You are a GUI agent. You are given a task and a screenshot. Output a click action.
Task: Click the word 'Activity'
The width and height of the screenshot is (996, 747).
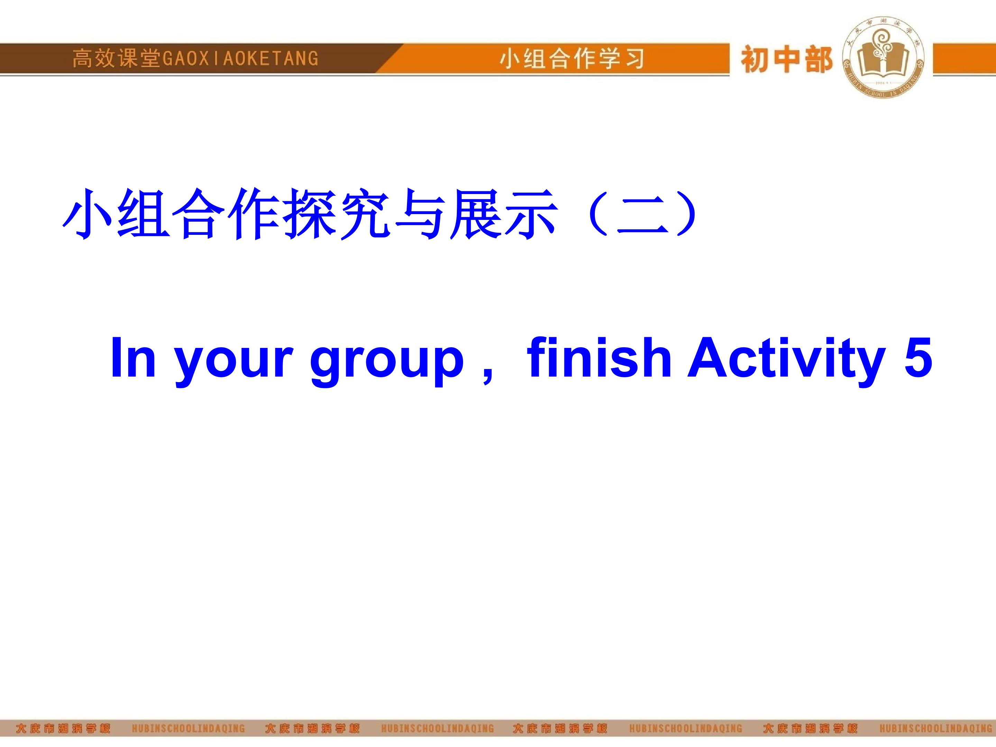pyautogui.click(x=786, y=360)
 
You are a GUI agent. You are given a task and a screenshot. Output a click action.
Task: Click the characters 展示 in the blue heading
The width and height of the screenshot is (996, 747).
pyautogui.click(x=504, y=214)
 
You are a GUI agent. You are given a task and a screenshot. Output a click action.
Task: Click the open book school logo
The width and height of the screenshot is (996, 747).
pyautogui.click(x=883, y=57)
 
